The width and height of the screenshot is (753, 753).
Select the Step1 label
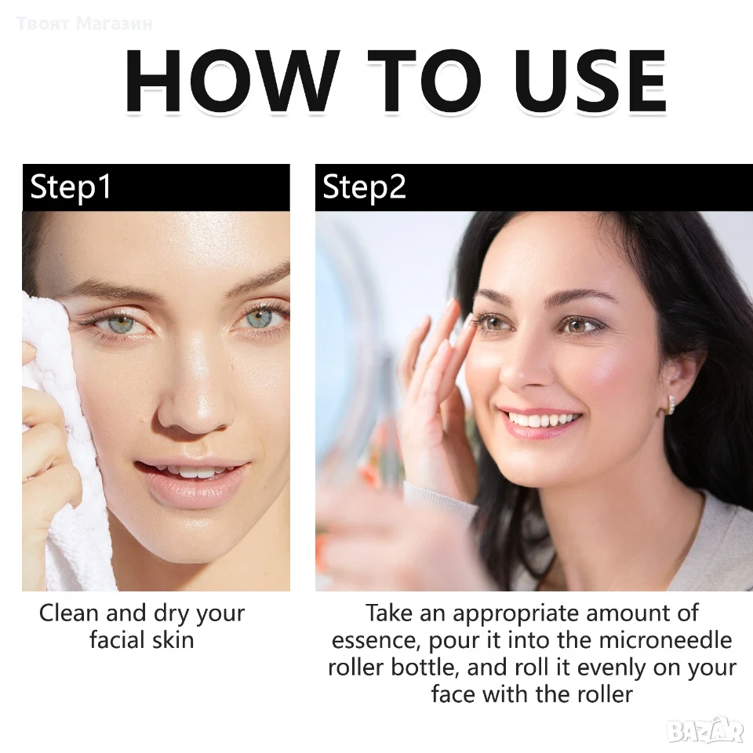pos(71,187)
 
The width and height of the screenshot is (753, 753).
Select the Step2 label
pos(364,187)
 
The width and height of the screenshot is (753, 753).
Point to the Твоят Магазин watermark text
pos(85,23)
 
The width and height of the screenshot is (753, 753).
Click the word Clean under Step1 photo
pos(69,613)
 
